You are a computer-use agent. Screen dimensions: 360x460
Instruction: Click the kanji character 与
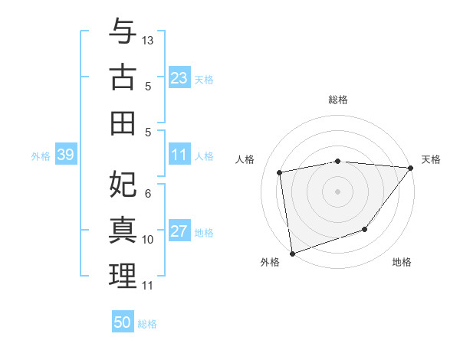(123, 31)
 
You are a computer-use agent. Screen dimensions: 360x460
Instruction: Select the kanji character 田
(123, 123)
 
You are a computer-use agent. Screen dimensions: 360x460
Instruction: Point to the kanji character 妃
(123, 184)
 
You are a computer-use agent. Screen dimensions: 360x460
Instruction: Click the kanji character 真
(123, 230)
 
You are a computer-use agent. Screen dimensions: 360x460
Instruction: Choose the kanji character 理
(123, 276)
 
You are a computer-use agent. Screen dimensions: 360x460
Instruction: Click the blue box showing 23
(179, 78)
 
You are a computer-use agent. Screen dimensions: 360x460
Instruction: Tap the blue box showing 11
(179, 155)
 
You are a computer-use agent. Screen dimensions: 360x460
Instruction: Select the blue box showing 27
(179, 232)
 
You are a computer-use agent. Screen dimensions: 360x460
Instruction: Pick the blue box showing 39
(65, 155)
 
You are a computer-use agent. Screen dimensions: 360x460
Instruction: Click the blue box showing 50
(123, 322)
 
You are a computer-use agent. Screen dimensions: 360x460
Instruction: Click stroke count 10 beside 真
(148, 240)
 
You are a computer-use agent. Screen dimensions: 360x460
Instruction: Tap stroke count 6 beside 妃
(148, 194)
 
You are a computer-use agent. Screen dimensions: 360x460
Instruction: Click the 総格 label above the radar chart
(337, 100)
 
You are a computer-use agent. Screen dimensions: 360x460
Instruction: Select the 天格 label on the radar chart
(431, 159)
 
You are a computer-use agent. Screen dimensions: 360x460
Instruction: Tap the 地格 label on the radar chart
(402, 262)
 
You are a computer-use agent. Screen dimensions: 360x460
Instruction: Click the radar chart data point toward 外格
(292, 253)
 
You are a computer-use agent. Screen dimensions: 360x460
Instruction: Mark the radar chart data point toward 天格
(411, 168)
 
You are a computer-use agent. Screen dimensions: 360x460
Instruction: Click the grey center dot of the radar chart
(337, 191)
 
